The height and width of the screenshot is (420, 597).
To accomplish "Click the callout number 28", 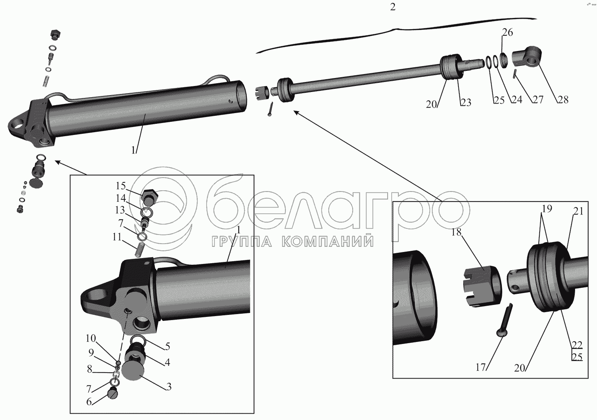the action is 563,100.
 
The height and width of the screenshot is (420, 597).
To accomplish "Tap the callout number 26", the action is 507,32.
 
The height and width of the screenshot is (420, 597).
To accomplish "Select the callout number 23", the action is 466,102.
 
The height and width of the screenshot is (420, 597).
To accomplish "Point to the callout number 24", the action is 516,100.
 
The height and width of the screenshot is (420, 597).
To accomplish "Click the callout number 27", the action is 538,100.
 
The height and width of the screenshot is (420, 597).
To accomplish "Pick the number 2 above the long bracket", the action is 392,7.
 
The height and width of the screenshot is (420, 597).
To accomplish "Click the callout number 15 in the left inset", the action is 121,186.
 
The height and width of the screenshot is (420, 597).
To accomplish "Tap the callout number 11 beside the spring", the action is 117,237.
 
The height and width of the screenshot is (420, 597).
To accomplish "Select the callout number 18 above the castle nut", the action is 456,232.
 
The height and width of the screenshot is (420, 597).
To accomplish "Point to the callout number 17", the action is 481,367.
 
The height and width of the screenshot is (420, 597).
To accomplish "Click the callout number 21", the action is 578,211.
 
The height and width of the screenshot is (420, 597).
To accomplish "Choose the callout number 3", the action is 169,387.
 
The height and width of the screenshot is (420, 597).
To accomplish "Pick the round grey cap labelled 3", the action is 133,370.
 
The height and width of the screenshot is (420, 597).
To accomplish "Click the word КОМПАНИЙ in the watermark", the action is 328,242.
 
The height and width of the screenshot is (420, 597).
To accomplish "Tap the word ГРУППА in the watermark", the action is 242,242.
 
